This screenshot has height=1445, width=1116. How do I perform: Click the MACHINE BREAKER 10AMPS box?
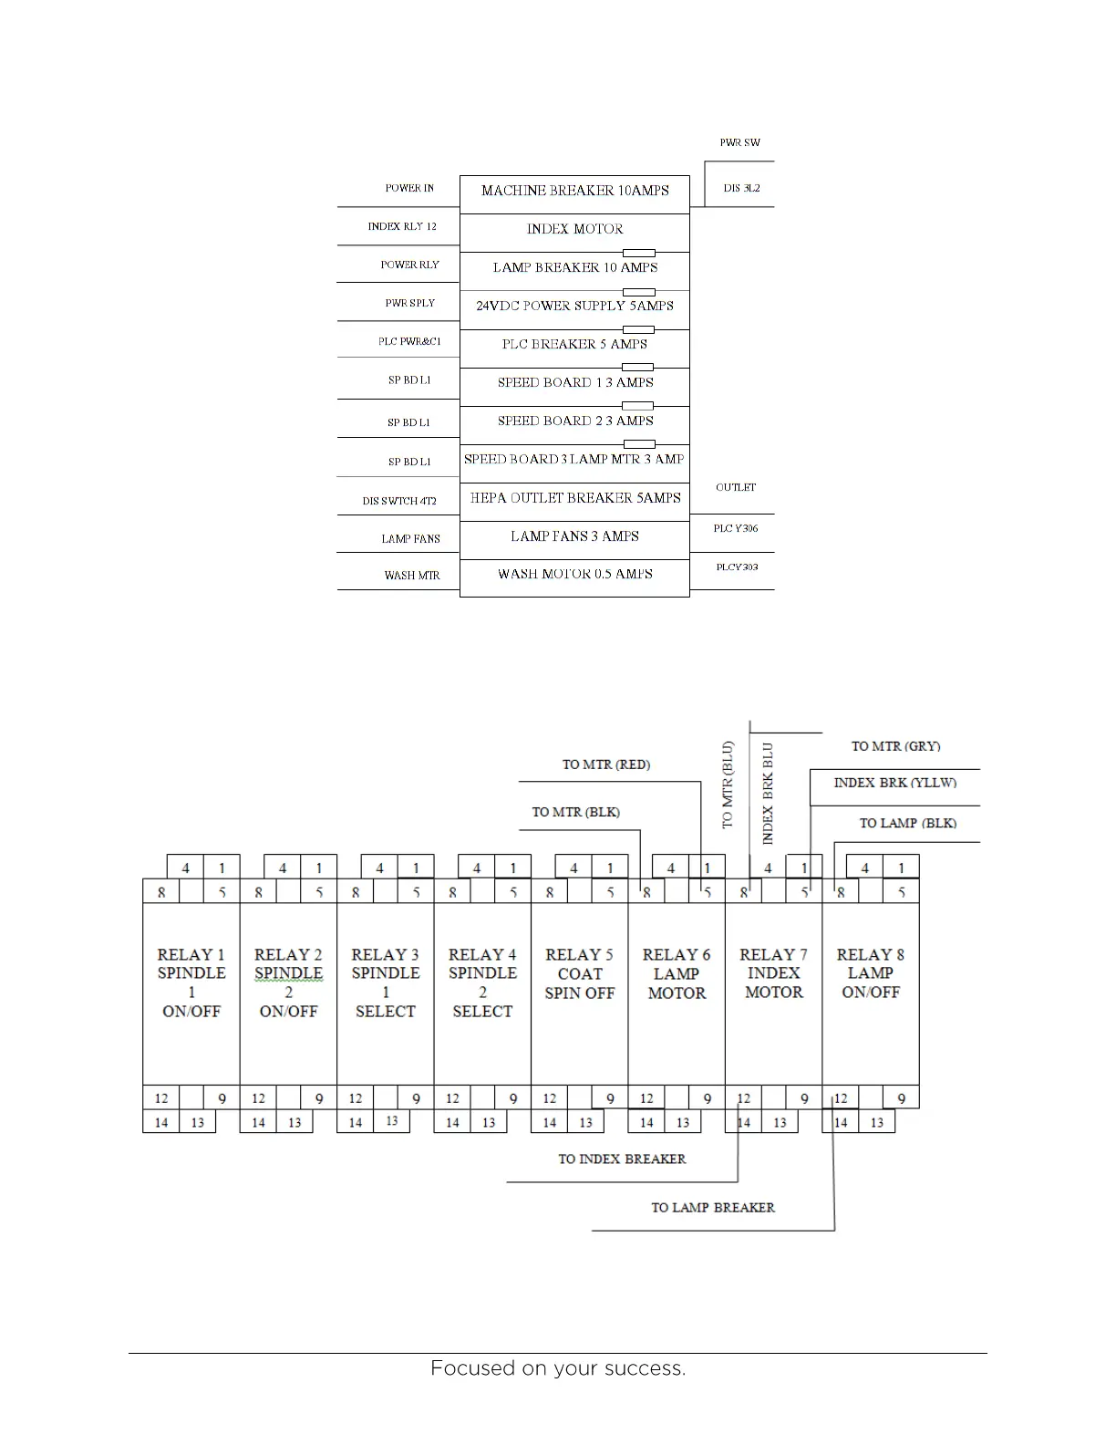point(574,191)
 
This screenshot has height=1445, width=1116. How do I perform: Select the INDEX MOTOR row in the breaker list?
point(574,229)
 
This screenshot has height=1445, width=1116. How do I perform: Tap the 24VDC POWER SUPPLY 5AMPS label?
point(574,306)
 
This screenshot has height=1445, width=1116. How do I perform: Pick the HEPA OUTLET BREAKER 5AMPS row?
point(574,498)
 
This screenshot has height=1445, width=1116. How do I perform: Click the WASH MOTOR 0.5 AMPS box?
point(574,575)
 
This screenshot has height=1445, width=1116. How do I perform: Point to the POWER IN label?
point(409,189)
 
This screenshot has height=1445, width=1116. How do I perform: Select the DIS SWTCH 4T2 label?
point(399,501)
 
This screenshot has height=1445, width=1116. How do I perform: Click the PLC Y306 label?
point(736,529)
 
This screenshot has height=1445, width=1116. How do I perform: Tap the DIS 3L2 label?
point(741,189)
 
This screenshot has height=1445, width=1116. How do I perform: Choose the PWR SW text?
point(739,143)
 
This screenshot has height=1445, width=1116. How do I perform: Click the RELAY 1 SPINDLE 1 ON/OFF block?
point(191,982)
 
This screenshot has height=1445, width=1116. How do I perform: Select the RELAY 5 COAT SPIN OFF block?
point(579,973)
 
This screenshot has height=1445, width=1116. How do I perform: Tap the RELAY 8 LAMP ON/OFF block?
point(871,973)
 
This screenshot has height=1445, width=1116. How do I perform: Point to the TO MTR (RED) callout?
point(606,764)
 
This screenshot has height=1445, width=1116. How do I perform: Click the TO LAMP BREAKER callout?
point(713,1208)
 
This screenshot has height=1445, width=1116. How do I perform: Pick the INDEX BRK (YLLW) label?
point(894,784)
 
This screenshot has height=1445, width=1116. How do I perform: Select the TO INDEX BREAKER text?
point(622,1159)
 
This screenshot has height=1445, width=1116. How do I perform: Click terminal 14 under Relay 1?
point(161,1123)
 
